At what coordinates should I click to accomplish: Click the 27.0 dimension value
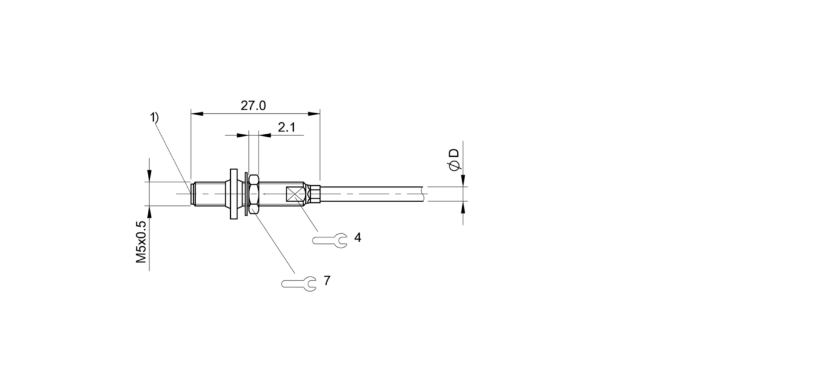coord(253,105)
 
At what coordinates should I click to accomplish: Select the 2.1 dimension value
coord(287,128)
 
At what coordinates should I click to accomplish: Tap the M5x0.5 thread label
coord(141,242)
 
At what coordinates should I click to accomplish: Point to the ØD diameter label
coord(454,160)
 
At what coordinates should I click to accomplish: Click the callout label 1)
coord(154,117)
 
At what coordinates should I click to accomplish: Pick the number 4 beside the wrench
coord(357,237)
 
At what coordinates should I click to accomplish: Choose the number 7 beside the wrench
coord(327,280)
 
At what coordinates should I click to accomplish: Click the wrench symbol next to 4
coord(330,240)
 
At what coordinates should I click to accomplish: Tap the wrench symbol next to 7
coord(299,284)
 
